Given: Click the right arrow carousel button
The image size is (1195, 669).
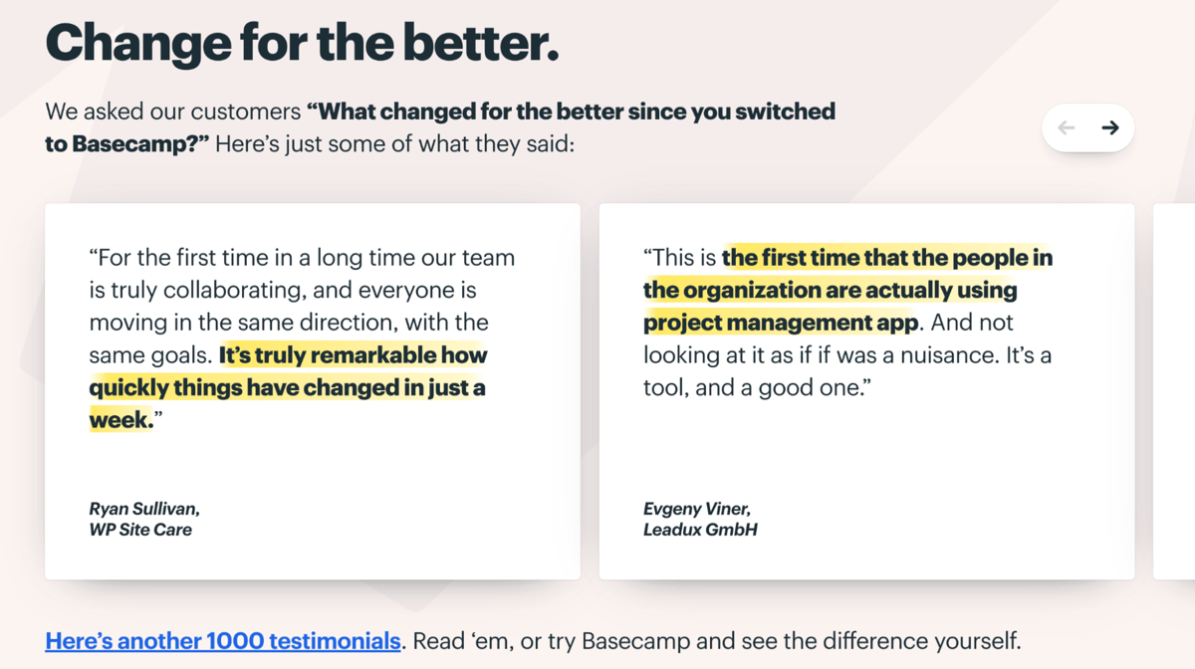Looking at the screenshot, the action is [x=1110, y=127].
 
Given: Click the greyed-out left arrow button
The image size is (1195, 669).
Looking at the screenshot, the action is [x=1066, y=127].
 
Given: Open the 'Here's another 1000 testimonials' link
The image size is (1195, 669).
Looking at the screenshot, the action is [x=223, y=641].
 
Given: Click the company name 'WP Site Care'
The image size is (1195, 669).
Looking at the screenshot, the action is [x=140, y=530].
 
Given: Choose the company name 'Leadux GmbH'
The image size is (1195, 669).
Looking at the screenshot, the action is [x=700, y=530].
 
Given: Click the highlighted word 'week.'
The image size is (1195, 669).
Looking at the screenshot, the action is [x=121, y=420].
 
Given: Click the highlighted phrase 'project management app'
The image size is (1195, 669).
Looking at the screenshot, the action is [x=781, y=324].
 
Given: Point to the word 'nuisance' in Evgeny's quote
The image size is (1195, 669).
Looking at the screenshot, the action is [x=949, y=355].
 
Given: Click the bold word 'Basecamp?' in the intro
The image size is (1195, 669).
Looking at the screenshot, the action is [x=140, y=144].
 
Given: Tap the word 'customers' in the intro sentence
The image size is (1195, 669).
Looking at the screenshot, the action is [x=246, y=112].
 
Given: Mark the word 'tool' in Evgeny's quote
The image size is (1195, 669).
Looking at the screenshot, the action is [x=662, y=388].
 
